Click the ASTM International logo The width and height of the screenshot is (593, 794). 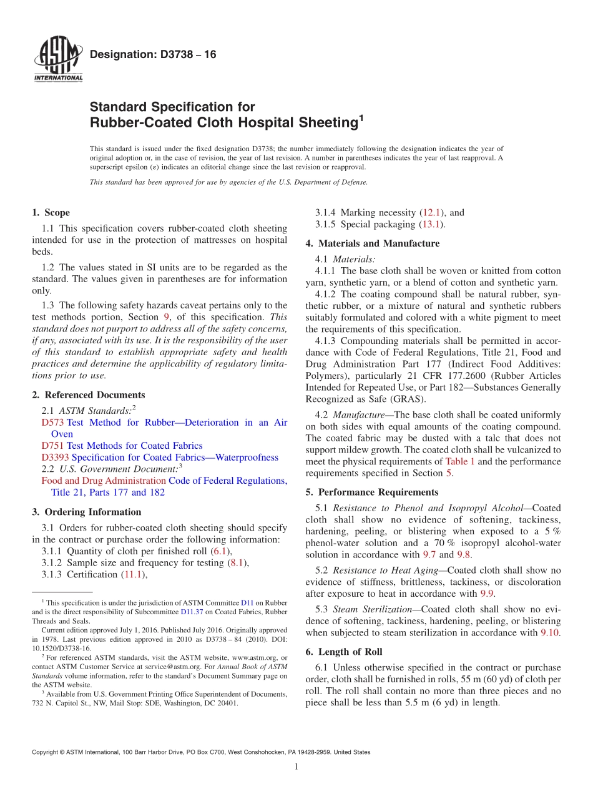point(58,60)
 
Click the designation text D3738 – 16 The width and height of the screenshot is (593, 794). point(153,55)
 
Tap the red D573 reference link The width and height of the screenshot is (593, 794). point(52,423)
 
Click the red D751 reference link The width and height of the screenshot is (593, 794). point(52,446)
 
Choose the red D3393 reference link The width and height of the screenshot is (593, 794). point(55,458)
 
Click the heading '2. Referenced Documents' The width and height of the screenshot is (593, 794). point(88,395)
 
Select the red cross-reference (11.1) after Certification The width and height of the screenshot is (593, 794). point(134,574)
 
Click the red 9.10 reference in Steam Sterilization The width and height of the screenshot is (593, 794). point(549,632)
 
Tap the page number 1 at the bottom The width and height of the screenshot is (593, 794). point(296,767)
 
